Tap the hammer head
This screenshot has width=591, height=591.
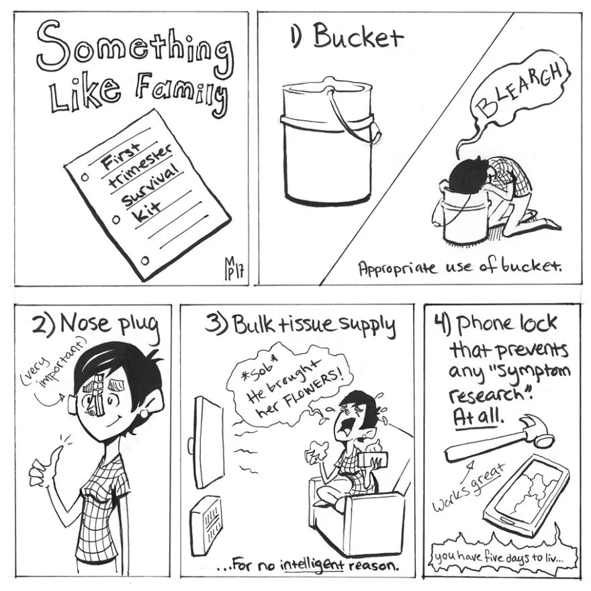point(538,430)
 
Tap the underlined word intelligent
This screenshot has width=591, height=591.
point(315,565)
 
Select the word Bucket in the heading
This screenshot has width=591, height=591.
point(358,36)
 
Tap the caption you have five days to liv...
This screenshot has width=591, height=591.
point(500,557)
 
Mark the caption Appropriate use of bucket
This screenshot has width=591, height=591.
point(459,267)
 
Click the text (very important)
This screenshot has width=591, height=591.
point(53,363)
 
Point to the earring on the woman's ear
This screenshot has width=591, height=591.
point(144,414)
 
